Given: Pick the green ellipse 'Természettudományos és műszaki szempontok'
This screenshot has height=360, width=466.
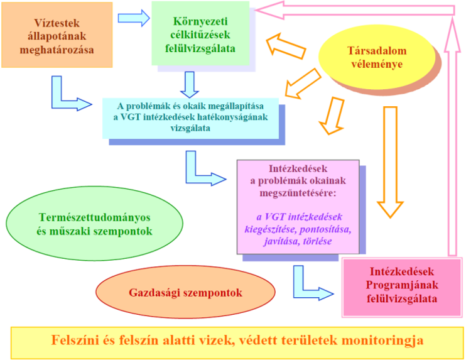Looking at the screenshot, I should [94, 224].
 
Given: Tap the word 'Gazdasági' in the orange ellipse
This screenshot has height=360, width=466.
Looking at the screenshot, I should [148, 292].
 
